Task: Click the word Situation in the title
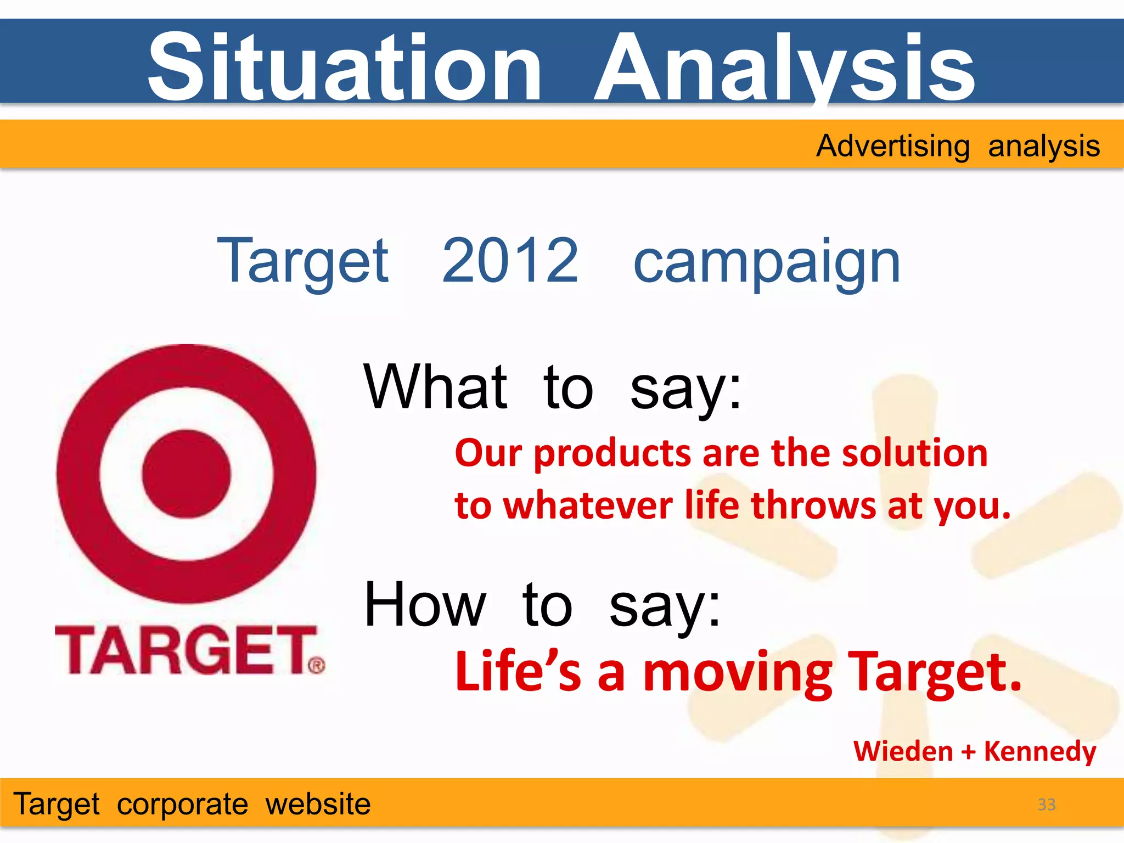point(345,67)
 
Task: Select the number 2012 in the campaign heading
point(510,261)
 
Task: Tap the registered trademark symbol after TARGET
point(317,666)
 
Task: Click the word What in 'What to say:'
point(435,387)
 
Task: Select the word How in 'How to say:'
point(425,605)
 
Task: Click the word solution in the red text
point(914,453)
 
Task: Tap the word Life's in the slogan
point(518,672)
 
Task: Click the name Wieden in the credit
point(903,751)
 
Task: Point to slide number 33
point(1046,805)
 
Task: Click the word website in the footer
point(318,805)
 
